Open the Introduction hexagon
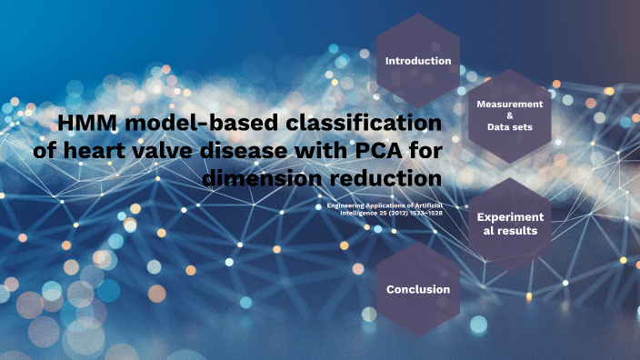(418, 61)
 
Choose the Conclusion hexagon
(418, 289)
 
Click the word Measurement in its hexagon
(509, 105)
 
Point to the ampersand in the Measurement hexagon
(509, 116)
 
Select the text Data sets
(509, 129)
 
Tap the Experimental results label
(510, 224)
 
